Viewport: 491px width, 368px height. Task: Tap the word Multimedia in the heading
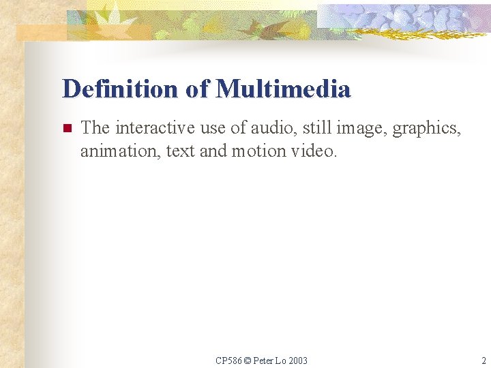283,89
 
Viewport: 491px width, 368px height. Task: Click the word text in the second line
180,151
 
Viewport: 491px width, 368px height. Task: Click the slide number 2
482,361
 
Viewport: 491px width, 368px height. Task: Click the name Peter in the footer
263,361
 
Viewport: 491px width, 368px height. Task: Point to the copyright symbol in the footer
247,361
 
